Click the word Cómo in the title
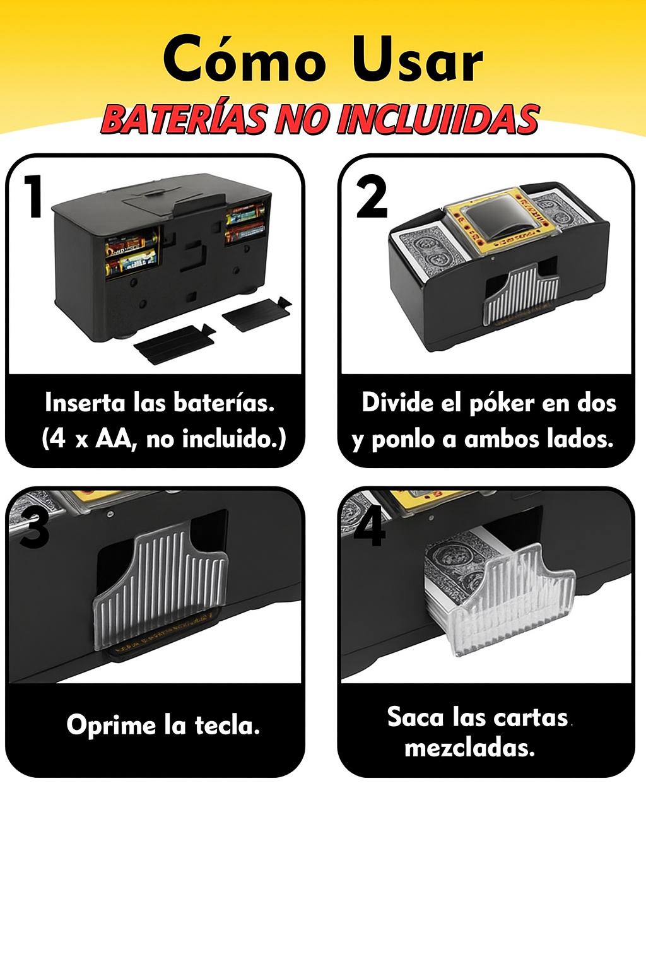coord(245,58)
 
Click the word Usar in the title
coord(416,59)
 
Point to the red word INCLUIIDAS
coord(438,119)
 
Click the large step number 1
coord(34,196)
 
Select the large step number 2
coord(371,196)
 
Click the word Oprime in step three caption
coord(111,725)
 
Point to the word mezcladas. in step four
coord(470,748)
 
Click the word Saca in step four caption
coord(415,717)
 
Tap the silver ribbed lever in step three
coord(161,584)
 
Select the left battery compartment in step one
coord(132,255)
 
